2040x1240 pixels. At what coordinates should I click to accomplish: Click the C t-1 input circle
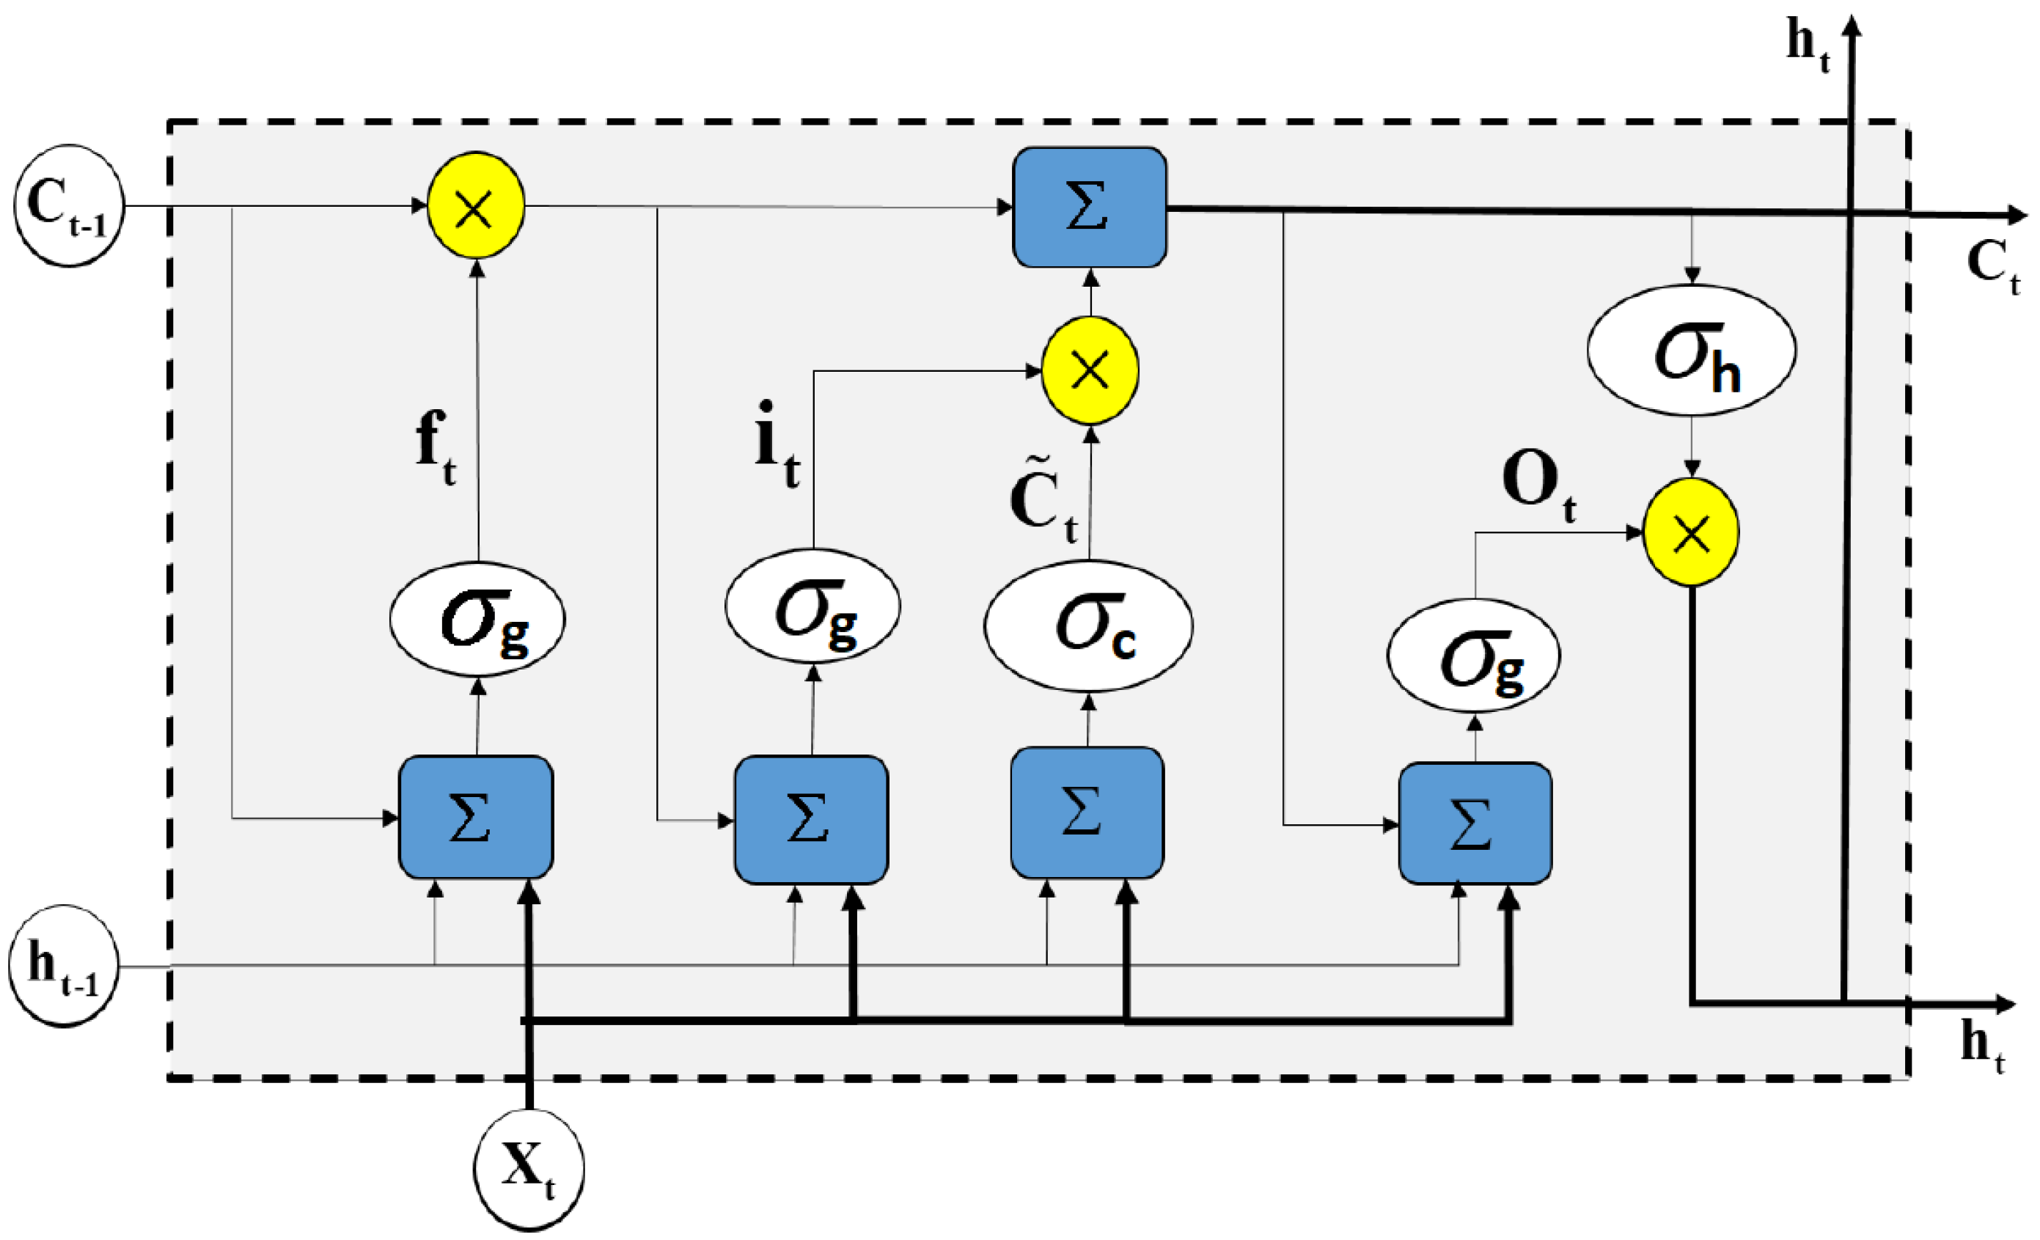tap(68, 205)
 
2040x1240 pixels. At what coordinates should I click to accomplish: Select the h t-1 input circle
tap(64, 966)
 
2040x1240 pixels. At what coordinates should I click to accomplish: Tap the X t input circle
tap(529, 1168)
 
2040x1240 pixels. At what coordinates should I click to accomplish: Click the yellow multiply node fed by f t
tap(475, 205)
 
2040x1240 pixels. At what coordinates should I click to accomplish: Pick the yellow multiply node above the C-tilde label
tap(1090, 370)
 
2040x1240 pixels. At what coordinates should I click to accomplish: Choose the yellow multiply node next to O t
tap(1691, 532)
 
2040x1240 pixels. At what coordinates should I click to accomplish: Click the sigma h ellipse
tap(1692, 350)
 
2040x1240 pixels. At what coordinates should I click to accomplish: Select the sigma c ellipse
tap(1088, 625)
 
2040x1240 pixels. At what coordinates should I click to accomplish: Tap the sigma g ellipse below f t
tap(477, 619)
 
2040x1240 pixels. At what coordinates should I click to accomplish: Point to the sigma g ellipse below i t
tap(812, 606)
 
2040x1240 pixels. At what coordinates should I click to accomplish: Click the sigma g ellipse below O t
tap(1474, 656)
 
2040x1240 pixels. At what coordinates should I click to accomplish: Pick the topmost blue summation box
tap(1090, 207)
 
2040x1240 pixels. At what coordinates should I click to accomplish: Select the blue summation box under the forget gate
tap(475, 817)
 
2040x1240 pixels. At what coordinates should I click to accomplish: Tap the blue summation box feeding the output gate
tap(1475, 823)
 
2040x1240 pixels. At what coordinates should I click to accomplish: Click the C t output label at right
tap(1991, 265)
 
